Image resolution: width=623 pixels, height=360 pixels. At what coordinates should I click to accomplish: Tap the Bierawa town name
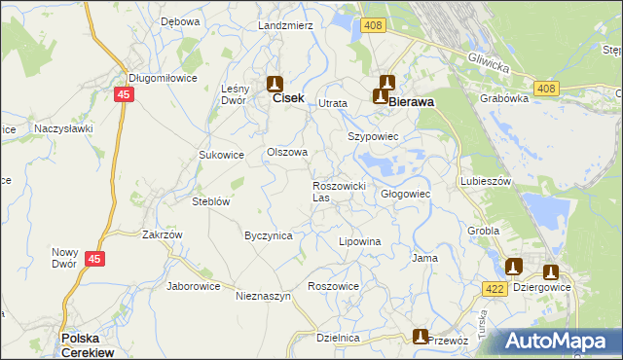(x=411, y=99)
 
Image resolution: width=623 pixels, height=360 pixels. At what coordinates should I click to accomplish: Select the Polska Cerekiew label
(x=89, y=344)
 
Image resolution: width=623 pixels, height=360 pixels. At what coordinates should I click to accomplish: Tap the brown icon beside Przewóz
(x=420, y=337)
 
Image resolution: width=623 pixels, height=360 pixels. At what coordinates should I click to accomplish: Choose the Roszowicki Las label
(x=338, y=191)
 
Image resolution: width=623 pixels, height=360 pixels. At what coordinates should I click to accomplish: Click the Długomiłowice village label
(x=162, y=78)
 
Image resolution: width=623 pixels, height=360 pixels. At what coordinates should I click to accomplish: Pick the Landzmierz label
(x=285, y=24)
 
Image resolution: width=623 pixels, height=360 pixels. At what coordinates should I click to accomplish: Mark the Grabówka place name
(x=504, y=97)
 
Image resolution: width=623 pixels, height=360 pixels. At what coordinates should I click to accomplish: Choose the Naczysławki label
(x=63, y=127)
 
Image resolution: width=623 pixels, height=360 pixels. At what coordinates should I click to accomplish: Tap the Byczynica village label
(x=269, y=235)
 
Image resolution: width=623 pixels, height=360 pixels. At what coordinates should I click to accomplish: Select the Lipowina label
(x=358, y=240)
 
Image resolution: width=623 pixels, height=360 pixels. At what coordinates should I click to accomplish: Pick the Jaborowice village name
(x=195, y=286)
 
